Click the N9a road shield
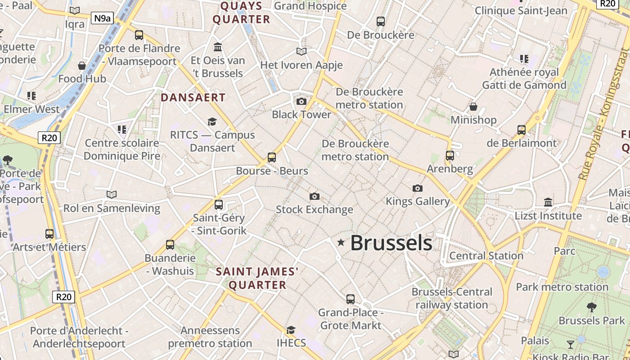point(102,18)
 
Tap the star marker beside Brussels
point(341,243)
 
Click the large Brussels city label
point(391,243)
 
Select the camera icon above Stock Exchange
point(315,196)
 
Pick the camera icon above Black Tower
point(301,101)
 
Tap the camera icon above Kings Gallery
point(418,188)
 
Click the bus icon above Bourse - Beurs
point(272,157)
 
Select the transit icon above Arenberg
point(450,156)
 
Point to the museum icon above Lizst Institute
point(548,202)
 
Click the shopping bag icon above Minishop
point(473,107)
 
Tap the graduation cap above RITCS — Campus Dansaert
point(212,121)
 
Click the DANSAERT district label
point(193,98)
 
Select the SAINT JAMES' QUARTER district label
point(257,278)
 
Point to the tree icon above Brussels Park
point(592,307)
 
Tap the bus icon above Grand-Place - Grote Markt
point(350,299)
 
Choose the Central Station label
point(486,256)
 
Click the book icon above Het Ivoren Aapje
point(301,52)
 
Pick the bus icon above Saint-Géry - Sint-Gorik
point(219,204)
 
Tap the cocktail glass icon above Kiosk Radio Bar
point(571,345)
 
